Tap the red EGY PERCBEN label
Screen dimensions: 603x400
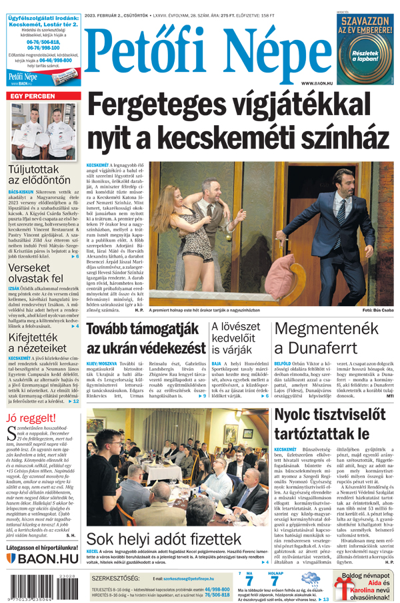pos(31,97)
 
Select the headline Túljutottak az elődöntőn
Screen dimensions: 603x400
pos(37,174)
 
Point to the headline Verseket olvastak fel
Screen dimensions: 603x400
pos(36,272)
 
